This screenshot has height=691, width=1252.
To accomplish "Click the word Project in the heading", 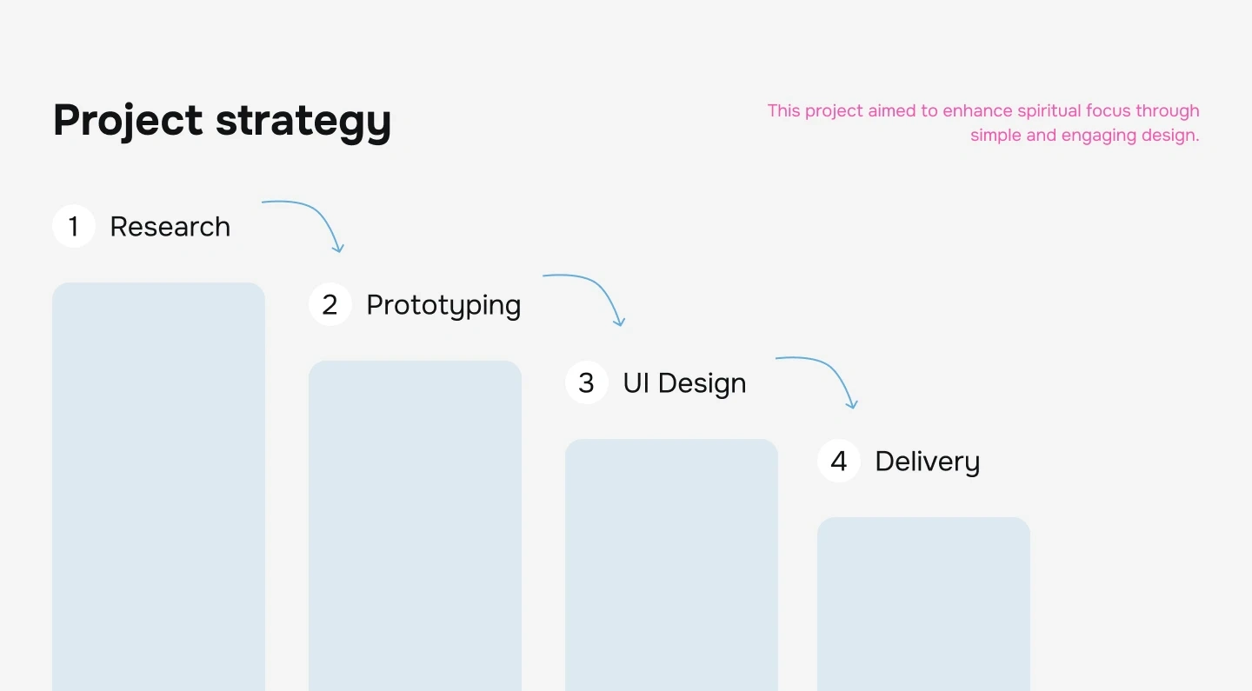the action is pyautogui.click(x=128, y=120).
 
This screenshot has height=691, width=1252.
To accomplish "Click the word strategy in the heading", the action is pyautogui.click(x=303, y=123).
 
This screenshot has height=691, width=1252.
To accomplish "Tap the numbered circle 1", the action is pyautogui.click(x=74, y=226).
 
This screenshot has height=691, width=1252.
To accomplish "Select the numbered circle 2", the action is pyautogui.click(x=330, y=304).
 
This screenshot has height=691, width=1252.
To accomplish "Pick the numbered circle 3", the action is pyautogui.click(x=586, y=382).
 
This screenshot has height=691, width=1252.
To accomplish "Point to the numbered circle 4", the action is pyautogui.click(x=838, y=461).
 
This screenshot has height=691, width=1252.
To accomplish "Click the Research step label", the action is pyautogui.click(x=170, y=227).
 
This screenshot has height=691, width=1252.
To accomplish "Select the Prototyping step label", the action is pyautogui.click(x=443, y=306).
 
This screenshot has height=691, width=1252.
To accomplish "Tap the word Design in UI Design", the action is pyautogui.click(x=702, y=384).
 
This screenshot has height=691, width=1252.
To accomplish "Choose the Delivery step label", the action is pyautogui.click(x=927, y=462).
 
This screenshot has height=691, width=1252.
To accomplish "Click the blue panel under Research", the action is pyautogui.click(x=158, y=487).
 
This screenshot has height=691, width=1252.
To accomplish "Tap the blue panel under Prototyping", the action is pyautogui.click(x=415, y=526).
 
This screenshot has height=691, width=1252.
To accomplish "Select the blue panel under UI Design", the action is pyautogui.click(x=671, y=565).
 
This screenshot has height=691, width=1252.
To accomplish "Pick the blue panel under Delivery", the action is pyautogui.click(x=923, y=604).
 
